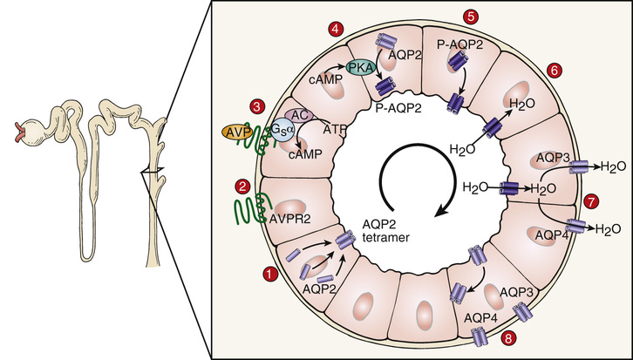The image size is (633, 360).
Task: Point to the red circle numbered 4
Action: (x=336, y=30)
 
